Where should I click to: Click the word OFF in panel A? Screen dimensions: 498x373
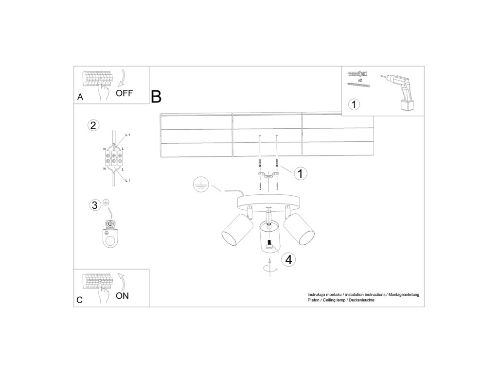124,93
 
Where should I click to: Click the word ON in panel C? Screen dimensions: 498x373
123,296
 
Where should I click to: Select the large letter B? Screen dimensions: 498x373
156,96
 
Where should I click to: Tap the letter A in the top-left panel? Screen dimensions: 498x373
80,97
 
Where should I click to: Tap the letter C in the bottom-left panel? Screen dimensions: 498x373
80,300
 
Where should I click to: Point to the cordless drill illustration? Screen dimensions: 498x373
400,92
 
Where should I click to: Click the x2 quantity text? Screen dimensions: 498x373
359,80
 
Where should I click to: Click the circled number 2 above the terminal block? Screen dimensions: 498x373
93,125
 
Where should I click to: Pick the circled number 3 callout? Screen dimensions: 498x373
95,205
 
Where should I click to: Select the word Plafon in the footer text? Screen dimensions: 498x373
314,301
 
